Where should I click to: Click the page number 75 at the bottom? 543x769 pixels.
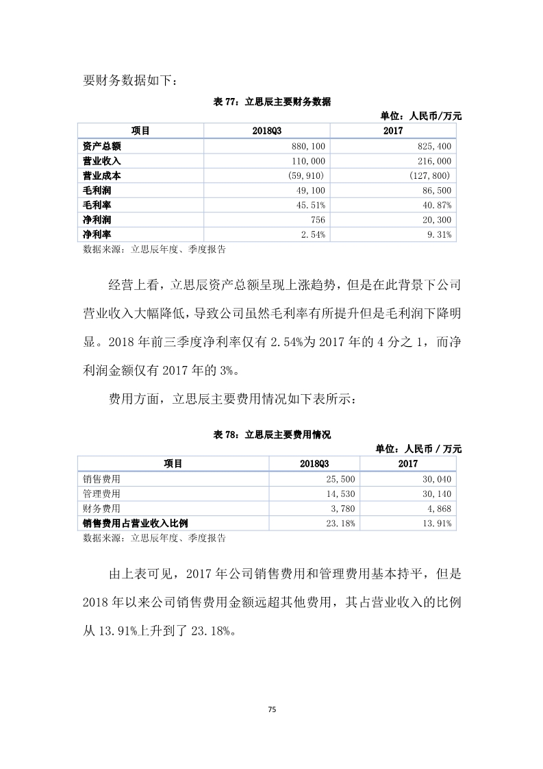[x=271, y=709]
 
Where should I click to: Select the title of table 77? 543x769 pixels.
[x=272, y=102]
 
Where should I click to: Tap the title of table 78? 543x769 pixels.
[x=272, y=435]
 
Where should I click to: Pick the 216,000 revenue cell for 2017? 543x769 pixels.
[x=435, y=161]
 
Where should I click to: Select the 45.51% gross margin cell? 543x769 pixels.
[x=312, y=205]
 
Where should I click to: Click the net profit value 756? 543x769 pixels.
[x=318, y=220]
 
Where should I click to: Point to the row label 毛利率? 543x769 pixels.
[x=97, y=205]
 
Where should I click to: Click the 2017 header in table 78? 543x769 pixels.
[x=408, y=464]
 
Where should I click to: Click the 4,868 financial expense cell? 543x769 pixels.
[x=438, y=509]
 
